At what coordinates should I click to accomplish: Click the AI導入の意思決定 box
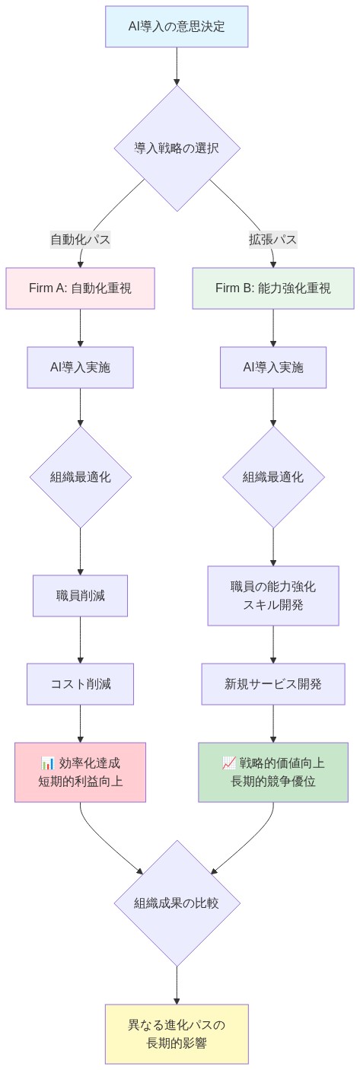(177, 27)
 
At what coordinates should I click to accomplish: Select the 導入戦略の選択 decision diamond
(177, 148)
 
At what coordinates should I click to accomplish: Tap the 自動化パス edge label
(80, 240)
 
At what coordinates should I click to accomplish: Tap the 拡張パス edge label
(272, 240)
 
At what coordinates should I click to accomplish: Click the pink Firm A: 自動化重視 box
(80, 288)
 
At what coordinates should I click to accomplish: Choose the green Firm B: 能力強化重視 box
(272, 288)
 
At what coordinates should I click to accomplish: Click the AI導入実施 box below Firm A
(80, 367)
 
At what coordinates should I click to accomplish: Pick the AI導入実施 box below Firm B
(272, 367)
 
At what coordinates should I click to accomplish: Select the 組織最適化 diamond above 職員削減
(80, 477)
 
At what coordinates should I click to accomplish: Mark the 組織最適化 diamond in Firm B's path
(272, 477)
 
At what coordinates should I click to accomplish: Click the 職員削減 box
(80, 595)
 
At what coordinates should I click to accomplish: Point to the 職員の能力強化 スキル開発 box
(272, 596)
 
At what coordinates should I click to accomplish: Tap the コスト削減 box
(80, 683)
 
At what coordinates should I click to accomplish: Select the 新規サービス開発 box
(272, 683)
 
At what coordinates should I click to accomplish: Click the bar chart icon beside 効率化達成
(47, 763)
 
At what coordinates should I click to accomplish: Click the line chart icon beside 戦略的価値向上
(228, 763)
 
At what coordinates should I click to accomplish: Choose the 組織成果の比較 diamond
(177, 903)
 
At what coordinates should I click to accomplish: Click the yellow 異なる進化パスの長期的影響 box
(177, 1033)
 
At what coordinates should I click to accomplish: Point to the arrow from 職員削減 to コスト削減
(80, 639)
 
